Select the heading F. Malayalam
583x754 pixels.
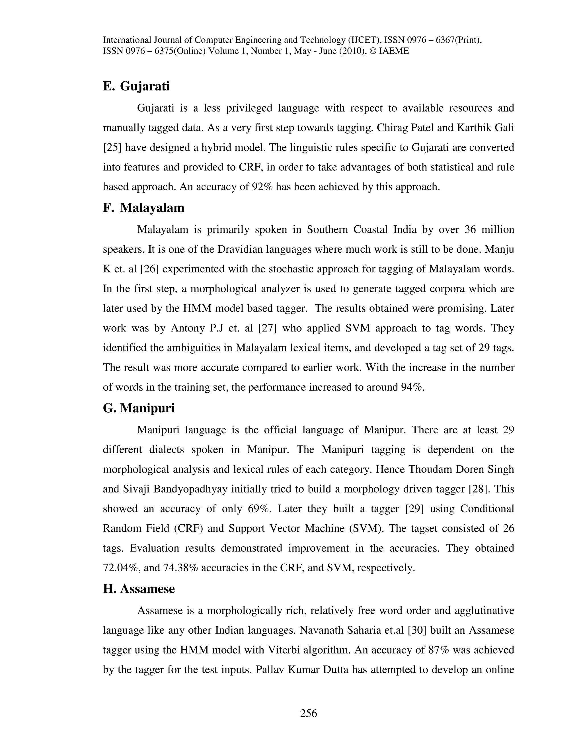[143, 208]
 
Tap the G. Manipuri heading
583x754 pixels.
[139, 408]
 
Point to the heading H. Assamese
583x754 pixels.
[139, 589]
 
